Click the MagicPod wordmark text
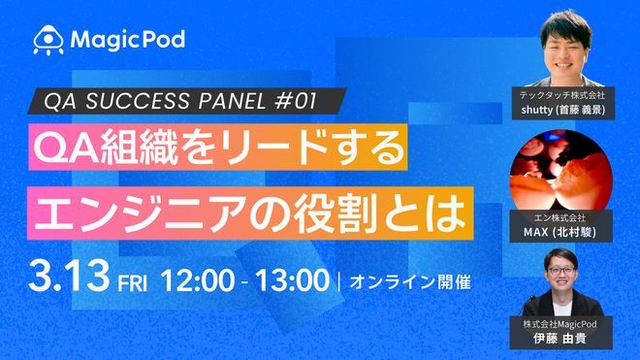coord(126,40)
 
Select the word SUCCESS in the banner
coord(137,101)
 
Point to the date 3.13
coord(70,281)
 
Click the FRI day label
coord(131,284)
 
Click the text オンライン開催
coord(408,283)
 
